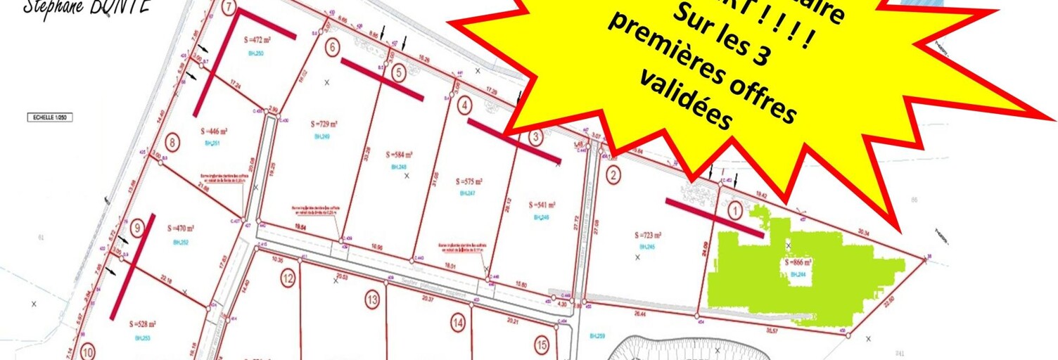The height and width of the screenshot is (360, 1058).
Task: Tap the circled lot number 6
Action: click(x=333, y=48)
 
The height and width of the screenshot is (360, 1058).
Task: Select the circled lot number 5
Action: click(x=399, y=72)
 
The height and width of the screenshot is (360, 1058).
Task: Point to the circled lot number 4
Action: click(x=464, y=106)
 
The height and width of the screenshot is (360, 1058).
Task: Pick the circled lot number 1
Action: click(x=734, y=209)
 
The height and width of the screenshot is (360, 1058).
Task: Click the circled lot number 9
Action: click(x=137, y=226)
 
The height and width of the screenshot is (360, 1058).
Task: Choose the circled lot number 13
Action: click(x=372, y=300)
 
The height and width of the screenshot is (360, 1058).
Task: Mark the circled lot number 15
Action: click(x=542, y=345)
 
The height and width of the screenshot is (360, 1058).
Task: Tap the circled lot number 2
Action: click(x=613, y=176)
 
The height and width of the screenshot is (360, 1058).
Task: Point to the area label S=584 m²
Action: click(x=400, y=155)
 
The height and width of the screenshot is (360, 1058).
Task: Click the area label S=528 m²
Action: click(x=143, y=324)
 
